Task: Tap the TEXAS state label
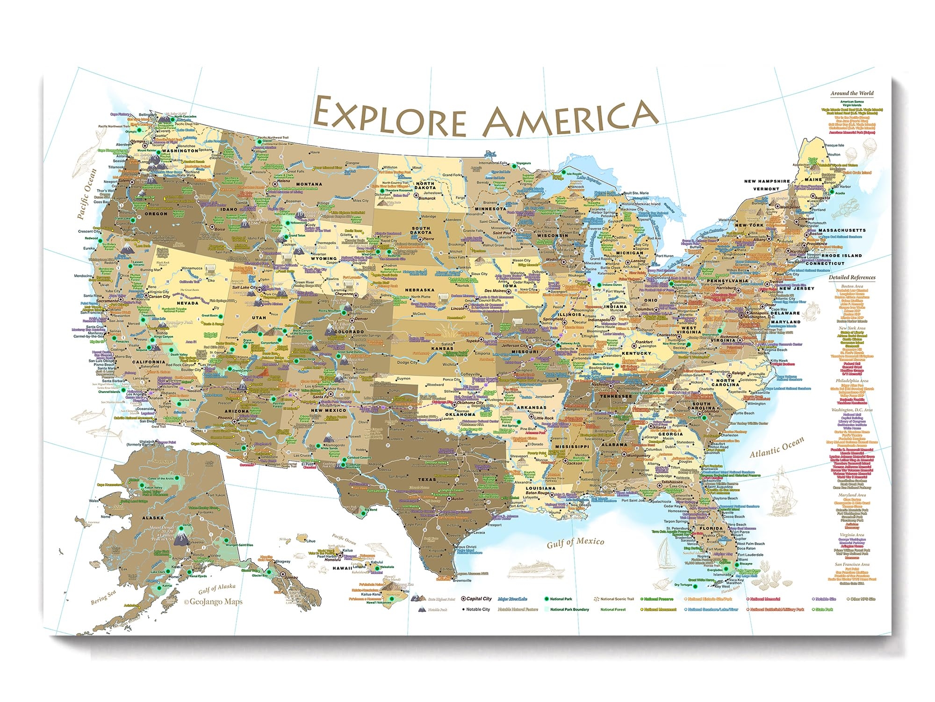pos(426,479)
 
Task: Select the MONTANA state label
pos(309,184)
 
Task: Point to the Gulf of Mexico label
pos(575,542)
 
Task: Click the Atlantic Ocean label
pos(777,446)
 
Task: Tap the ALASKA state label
pos(153,518)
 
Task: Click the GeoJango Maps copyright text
pos(213,602)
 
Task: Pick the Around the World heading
pos(852,93)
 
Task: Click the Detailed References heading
pos(852,277)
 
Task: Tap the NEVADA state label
pos(187,303)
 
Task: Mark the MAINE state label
pos(813,179)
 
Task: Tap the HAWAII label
pos(342,568)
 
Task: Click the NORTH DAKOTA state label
pos(425,186)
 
